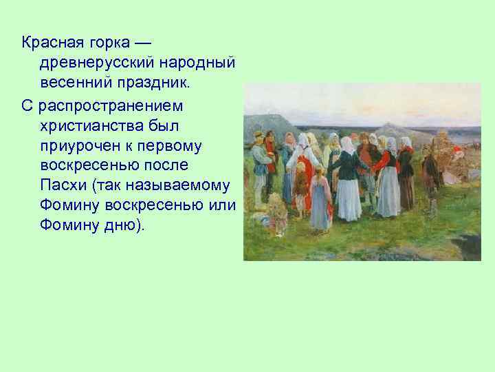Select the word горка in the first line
point(109,43)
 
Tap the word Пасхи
point(62,187)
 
